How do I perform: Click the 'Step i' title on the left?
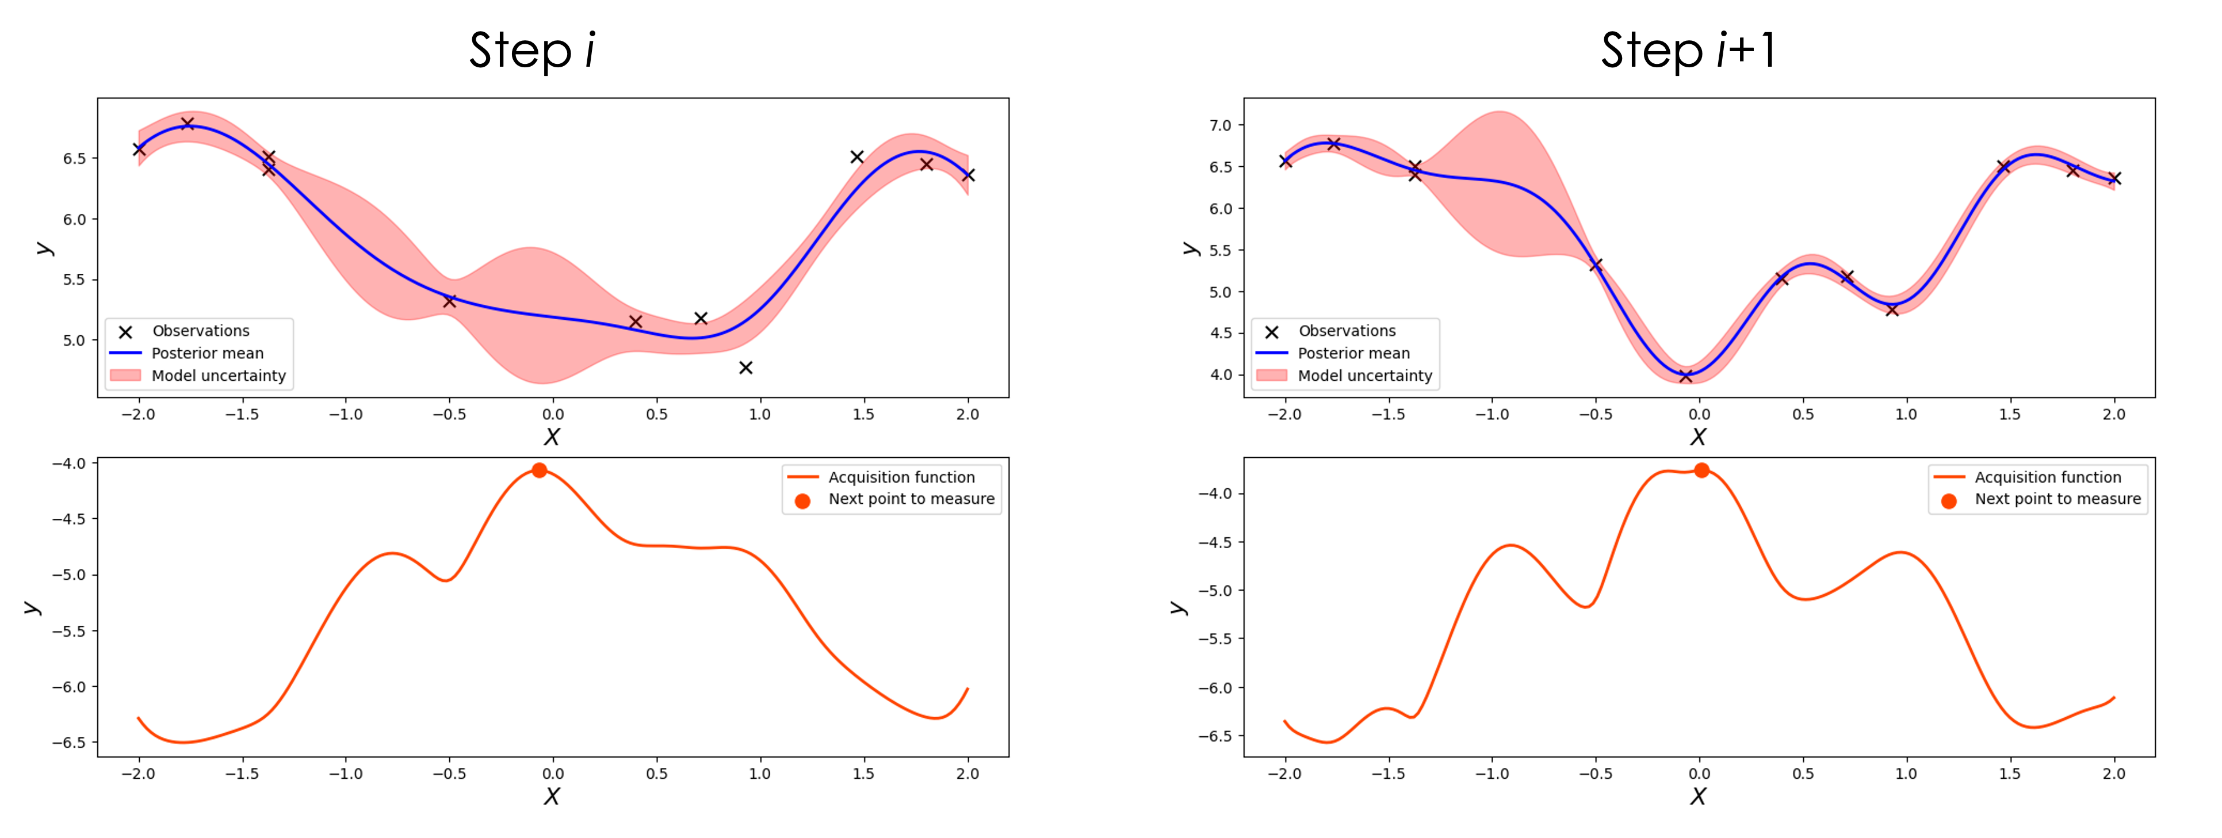[532, 50]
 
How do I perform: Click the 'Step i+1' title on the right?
[1688, 50]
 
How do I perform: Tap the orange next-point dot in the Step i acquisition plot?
[539, 470]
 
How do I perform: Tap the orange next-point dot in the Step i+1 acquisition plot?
[1701, 470]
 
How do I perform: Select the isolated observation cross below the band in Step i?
[746, 368]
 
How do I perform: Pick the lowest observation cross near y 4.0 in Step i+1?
[1685, 376]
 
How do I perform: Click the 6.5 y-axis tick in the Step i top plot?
[74, 159]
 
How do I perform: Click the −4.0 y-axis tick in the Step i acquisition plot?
[69, 464]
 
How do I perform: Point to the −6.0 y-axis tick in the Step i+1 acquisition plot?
[1215, 688]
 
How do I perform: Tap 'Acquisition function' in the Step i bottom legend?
[901, 477]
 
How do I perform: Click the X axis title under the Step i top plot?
[552, 437]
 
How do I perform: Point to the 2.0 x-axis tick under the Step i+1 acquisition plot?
[2113, 774]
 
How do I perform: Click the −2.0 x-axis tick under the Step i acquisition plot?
[138, 774]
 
